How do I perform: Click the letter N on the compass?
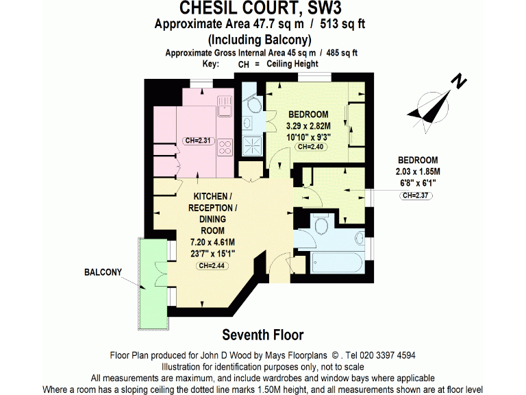point(458,82)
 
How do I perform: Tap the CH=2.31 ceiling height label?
point(199,141)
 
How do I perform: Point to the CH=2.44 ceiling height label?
point(212,266)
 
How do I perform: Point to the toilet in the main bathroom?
point(322,226)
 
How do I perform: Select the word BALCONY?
point(103,272)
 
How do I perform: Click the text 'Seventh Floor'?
point(263,335)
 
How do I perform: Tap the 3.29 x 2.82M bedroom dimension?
point(308,126)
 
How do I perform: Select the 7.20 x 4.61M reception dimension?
point(212,242)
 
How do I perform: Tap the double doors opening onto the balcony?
point(160,276)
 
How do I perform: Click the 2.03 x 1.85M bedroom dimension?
point(418,171)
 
